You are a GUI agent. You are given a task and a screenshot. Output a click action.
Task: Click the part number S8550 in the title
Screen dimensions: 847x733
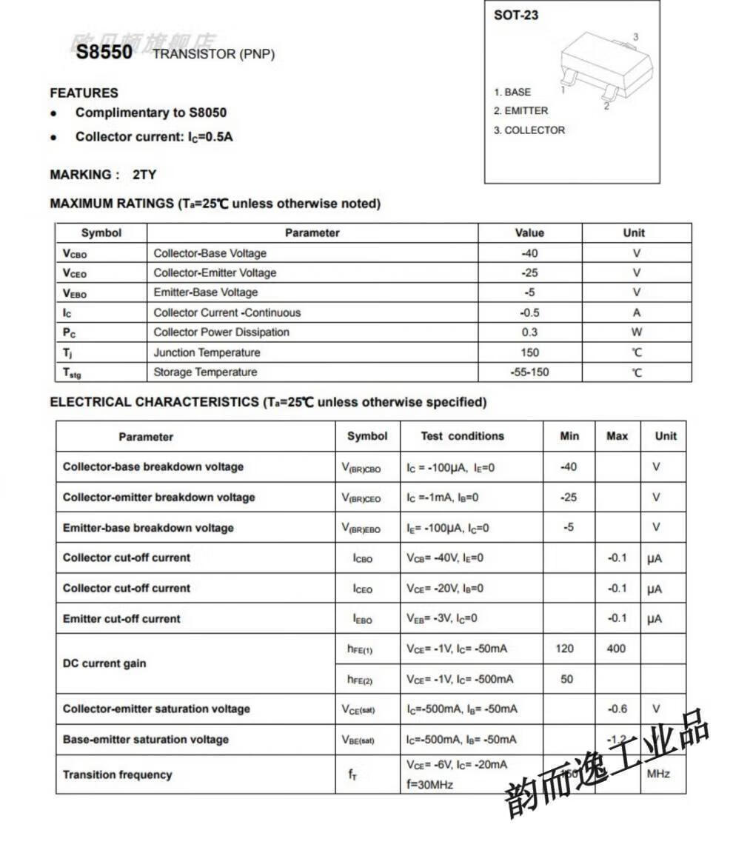click(x=104, y=52)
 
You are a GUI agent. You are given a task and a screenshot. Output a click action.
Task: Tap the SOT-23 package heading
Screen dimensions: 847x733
click(x=516, y=15)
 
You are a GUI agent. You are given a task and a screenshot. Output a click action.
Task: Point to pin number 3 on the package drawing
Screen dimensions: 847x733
click(x=635, y=37)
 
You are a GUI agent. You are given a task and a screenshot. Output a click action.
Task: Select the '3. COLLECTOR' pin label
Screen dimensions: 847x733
click(x=529, y=130)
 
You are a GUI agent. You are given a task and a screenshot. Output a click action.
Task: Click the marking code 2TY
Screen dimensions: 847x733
click(x=144, y=175)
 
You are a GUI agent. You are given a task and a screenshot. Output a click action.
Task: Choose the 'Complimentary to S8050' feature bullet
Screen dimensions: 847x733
click(x=151, y=113)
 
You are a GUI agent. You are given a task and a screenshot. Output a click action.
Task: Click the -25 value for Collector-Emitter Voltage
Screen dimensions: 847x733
click(x=529, y=272)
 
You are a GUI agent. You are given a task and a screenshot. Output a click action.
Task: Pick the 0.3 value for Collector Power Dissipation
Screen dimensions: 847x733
click(x=529, y=332)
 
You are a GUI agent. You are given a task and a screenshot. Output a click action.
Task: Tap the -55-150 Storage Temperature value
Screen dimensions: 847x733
click(x=529, y=372)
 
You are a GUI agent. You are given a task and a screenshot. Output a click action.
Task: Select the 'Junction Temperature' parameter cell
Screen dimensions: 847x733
click(x=207, y=352)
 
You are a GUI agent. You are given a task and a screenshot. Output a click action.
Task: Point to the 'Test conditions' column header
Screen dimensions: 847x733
click(x=462, y=436)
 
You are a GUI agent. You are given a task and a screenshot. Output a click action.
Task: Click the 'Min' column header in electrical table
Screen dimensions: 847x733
click(x=569, y=436)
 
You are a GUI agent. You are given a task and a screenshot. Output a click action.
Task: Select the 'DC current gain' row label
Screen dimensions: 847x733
click(x=104, y=663)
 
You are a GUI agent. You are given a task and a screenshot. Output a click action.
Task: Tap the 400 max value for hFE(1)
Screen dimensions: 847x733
click(x=616, y=649)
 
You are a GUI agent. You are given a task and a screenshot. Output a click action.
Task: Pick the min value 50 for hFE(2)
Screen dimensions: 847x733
click(x=566, y=679)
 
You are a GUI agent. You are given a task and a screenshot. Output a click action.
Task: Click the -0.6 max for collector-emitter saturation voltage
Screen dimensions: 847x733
click(x=617, y=709)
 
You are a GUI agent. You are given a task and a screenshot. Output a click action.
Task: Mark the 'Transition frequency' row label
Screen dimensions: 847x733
click(x=117, y=774)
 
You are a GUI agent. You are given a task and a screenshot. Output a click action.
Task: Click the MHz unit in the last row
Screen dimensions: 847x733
click(x=658, y=774)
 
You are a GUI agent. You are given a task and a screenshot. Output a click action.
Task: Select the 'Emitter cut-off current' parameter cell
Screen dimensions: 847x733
click(x=121, y=618)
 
